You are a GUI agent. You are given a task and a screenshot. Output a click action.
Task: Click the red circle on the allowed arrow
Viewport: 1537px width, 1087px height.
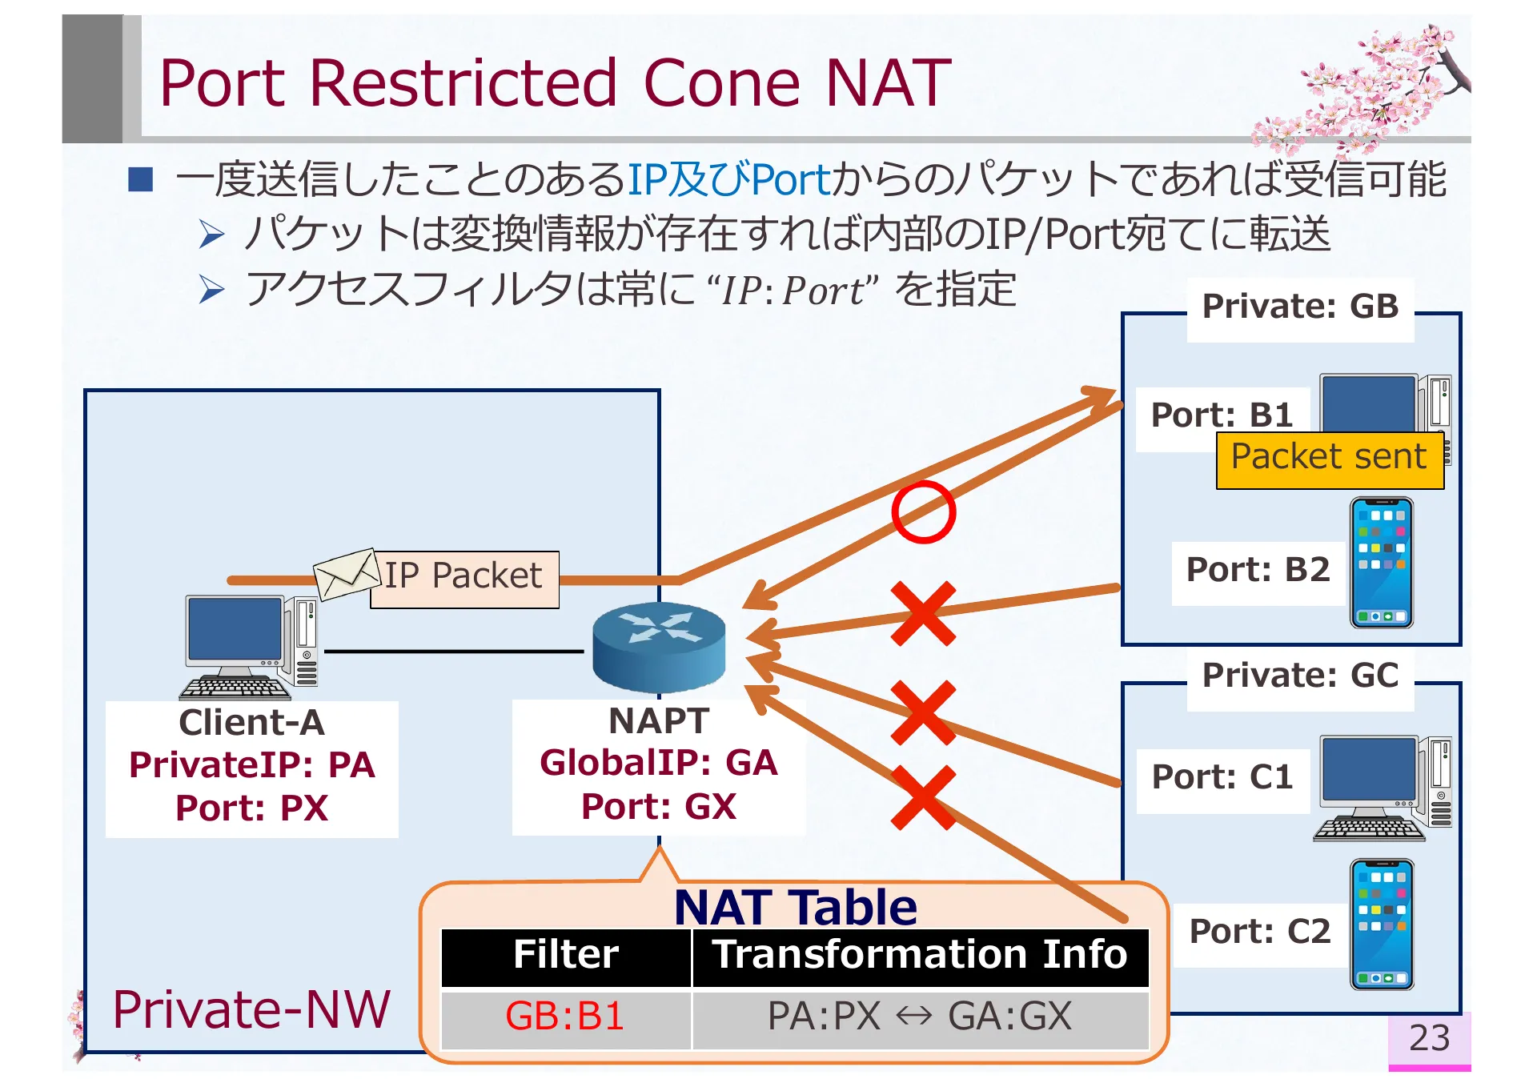pos(923,512)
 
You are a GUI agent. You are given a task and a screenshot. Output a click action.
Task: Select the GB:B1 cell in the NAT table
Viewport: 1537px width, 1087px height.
pos(565,1017)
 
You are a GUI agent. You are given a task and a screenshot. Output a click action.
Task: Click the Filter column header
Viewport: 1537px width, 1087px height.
pos(565,956)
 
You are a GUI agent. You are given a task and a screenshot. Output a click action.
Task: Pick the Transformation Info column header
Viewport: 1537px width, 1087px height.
pos(920,956)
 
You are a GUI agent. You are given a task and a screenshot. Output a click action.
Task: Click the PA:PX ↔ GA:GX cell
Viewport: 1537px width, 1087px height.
pos(920,1017)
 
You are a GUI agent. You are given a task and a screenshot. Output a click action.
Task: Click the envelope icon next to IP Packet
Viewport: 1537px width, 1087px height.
pos(346,573)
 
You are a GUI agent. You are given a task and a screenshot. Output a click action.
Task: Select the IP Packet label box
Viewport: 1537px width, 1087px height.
pos(465,578)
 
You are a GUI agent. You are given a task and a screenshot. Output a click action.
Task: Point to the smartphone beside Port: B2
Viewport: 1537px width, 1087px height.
pos(1381,562)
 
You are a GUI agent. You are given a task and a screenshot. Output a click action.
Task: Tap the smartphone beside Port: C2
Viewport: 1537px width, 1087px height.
pos(1381,925)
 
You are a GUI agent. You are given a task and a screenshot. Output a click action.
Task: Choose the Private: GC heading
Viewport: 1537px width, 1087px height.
pos(1300,676)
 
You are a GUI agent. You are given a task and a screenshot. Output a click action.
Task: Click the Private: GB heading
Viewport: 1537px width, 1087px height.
pos(1300,307)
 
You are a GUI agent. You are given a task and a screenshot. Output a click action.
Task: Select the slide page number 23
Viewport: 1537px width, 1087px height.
pos(1429,1038)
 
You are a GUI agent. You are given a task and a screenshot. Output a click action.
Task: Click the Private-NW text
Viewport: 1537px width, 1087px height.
pos(251,1009)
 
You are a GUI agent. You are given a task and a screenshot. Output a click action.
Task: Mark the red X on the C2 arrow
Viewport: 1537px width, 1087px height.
pos(923,796)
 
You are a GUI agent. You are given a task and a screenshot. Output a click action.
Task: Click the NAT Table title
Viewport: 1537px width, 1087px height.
pos(795,907)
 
